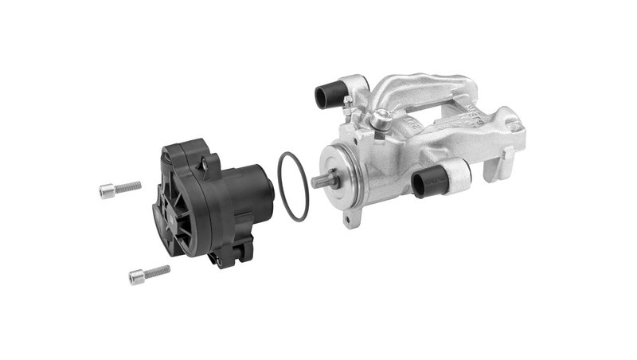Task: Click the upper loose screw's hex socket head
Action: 107,191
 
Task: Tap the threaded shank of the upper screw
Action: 128,187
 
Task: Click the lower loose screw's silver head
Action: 136,277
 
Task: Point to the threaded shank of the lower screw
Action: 158,271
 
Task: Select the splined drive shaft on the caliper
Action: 322,181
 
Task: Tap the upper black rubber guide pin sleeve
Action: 327,96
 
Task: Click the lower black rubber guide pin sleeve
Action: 430,181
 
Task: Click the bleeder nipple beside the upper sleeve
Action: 348,100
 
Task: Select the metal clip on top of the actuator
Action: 209,164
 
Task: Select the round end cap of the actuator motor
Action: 268,191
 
